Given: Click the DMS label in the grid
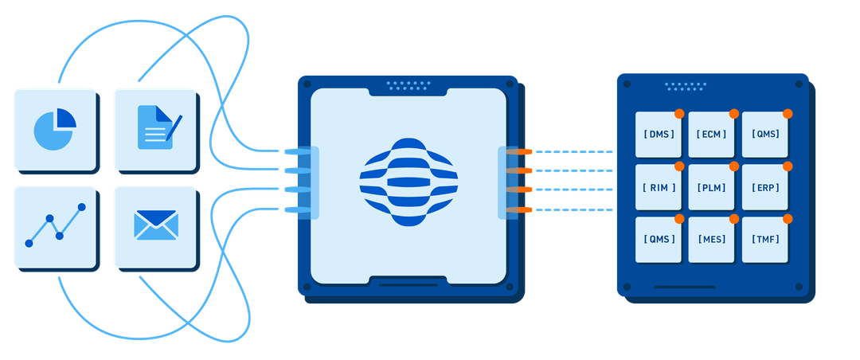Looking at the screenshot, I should tap(659, 135).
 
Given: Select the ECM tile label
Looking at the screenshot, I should tap(711, 135).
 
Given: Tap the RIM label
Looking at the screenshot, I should tap(659, 188).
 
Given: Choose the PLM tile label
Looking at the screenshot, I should tap(711, 188).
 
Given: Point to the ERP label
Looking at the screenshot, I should tap(764, 188).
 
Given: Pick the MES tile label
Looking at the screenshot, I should tap(711, 239).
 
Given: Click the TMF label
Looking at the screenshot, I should tap(764, 239).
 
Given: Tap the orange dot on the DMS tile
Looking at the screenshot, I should tap(679, 113).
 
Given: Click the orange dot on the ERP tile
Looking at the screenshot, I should tap(788, 166).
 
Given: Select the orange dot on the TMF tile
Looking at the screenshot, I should tap(788, 219).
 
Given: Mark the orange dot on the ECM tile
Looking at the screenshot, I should tap(733, 113).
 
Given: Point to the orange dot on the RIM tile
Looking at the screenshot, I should tap(679, 166).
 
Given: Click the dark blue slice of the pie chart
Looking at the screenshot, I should tap(65, 119).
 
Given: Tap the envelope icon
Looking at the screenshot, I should tap(155, 225).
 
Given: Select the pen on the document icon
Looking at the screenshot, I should tap(174, 127).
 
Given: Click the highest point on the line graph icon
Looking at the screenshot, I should tap(81, 208).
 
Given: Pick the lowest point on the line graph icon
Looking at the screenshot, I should tap(29, 243).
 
